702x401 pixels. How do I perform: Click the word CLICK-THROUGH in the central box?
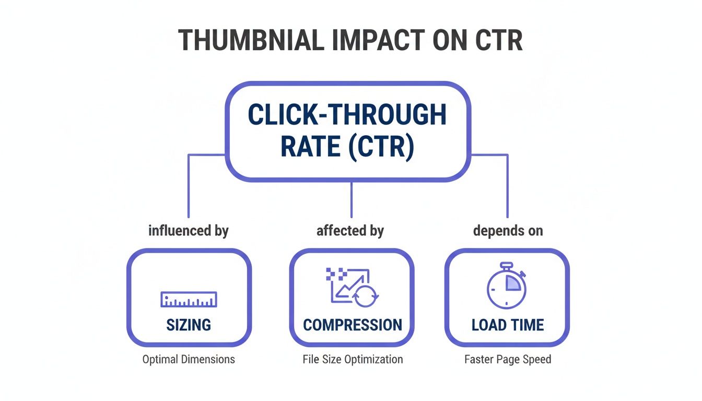pyautogui.click(x=347, y=115)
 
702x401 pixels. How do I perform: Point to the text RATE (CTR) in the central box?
pyautogui.click(x=347, y=147)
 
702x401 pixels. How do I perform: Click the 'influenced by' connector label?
pyautogui.click(x=189, y=230)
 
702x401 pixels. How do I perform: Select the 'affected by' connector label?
pyautogui.click(x=350, y=230)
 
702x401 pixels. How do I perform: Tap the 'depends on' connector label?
pyautogui.click(x=508, y=230)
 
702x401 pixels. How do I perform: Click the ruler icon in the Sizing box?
pyautogui.click(x=189, y=299)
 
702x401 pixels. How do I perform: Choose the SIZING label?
pyautogui.click(x=189, y=325)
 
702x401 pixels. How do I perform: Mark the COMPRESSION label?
pyautogui.click(x=353, y=325)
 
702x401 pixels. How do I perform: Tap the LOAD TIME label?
pyautogui.click(x=508, y=325)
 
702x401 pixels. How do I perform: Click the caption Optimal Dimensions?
pyautogui.click(x=189, y=359)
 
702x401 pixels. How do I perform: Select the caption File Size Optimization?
pyautogui.click(x=353, y=359)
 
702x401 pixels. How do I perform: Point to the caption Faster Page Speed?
pyautogui.click(x=508, y=359)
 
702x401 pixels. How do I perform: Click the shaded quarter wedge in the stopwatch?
pyautogui.click(x=513, y=283)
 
